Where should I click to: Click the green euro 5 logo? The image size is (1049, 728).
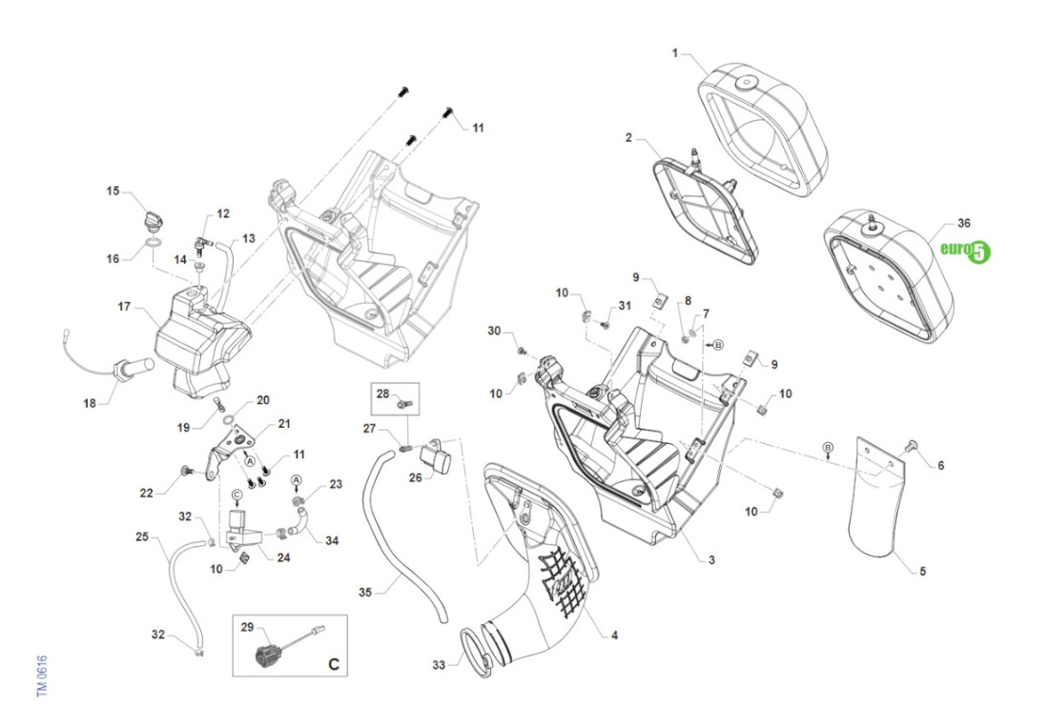click(966, 251)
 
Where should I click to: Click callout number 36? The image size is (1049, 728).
click(963, 224)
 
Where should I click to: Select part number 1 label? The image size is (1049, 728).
click(675, 54)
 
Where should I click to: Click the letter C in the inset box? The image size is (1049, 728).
click(333, 664)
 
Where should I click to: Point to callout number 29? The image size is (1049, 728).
click(247, 627)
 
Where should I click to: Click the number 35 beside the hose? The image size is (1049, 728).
click(364, 592)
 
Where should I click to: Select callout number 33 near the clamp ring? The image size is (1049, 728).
click(438, 665)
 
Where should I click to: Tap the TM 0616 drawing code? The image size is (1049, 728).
click(42, 675)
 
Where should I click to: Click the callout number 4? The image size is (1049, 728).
click(613, 635)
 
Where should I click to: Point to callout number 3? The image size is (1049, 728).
click(711, 560)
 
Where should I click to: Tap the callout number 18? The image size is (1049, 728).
click(90, 403)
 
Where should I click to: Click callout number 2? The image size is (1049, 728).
click(629, 137)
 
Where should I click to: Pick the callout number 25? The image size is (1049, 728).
click(142, 537)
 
